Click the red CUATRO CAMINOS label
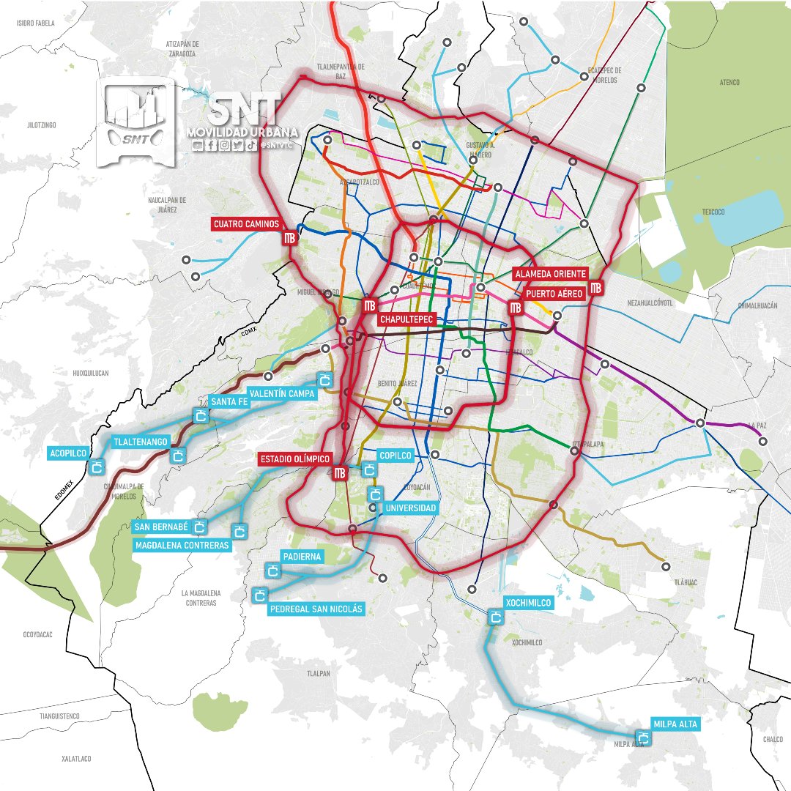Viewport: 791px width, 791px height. click(248, 223)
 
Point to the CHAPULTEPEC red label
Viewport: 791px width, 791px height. click(408, 319)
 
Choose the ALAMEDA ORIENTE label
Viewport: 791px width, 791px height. click(551, 273)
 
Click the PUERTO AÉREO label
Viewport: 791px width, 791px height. click(554, 293)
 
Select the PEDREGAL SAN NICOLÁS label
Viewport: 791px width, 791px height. click(316, 609)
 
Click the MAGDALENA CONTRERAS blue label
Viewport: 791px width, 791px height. click(182, 545)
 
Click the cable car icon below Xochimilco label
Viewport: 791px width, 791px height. click(496, 618)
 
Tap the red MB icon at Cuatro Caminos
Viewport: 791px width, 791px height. click(289, 238)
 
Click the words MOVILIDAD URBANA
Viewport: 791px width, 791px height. click(242, 132)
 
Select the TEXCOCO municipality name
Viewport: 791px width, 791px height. click(713, 212)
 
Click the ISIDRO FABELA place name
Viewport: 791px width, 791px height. click(36, 23)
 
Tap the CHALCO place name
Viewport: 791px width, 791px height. click(772, 740)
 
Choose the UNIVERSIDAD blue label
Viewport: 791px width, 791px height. click(410, 508)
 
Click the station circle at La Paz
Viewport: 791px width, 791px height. click(763, 442)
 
